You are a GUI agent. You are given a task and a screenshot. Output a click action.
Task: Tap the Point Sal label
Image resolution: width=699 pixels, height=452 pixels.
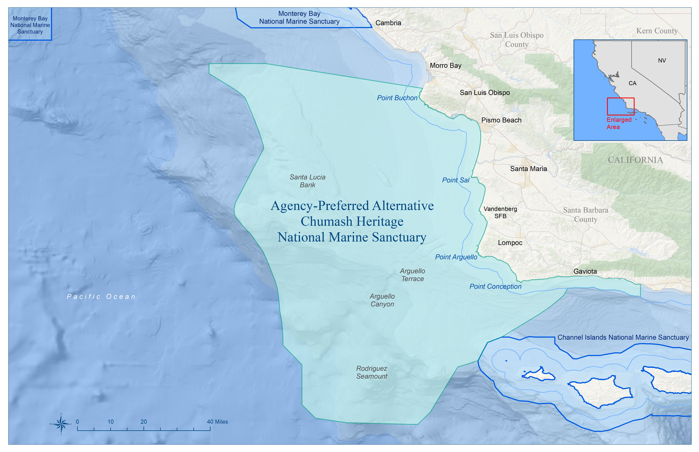(456, 180)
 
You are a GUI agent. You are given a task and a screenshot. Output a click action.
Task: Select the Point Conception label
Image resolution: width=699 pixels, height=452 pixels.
(495, 286)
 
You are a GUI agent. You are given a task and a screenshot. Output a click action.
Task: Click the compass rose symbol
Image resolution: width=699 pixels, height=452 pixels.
(61, 424)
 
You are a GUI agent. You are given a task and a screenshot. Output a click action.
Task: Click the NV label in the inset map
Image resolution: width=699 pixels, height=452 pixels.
(662, 60)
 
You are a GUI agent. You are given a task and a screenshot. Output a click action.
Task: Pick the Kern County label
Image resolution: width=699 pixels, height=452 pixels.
(657, 31)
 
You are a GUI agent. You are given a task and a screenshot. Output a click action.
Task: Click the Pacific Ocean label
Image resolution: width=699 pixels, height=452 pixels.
(101, 297)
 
